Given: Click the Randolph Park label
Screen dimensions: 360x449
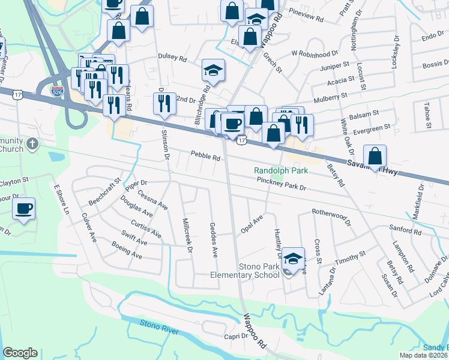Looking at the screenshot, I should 280,171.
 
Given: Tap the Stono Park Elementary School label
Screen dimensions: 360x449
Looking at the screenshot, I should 251,270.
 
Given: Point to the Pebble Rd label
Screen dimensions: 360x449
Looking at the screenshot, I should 206,157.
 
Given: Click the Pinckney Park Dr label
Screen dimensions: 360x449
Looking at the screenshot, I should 281,184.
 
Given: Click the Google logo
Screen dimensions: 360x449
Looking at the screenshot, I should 20,353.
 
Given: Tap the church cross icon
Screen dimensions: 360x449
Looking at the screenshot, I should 33,144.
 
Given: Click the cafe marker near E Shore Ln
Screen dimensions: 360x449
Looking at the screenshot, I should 23,209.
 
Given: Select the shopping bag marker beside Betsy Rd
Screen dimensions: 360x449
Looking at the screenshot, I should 375,157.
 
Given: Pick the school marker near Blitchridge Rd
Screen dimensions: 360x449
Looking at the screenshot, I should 213,71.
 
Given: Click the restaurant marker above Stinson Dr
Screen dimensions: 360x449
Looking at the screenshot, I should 163,104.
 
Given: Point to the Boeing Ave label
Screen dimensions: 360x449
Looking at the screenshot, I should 126,250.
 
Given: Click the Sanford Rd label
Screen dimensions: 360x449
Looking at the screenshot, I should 405,231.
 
